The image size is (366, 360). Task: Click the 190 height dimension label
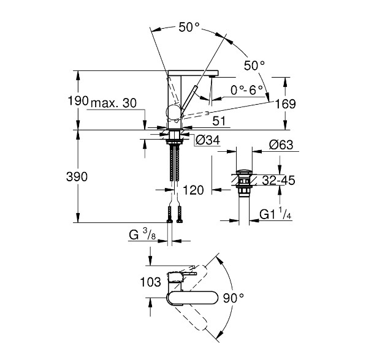pyautogui.click(x=78, y=101)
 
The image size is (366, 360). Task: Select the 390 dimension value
pyautogui.click(x=77, y=177)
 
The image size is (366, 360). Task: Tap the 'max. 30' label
pyautogui.click(x=113, y=103)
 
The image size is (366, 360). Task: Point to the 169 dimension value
pyautogui.click(x=286, y=103)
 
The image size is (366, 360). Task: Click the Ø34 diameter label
pyautogui.click(x=207, y=140)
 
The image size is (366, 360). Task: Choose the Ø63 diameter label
pyautogui.click(x=281, y=144)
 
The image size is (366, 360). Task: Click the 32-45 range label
pyautogui.click(x=278, y=180)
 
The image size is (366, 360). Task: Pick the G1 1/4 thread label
pyautogui.click(x=275, y=214)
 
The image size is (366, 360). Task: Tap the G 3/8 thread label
pyautogui.click(x=142, y=234)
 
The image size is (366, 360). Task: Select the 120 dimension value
pyautogui.click(x=193, y=190)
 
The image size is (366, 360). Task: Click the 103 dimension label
pyautogui.click(x=151, y=282)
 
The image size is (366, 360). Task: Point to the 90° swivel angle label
pyautogui.click(x=233, y=298)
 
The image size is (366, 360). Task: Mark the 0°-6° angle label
pyautogui.click(x=246, y=90)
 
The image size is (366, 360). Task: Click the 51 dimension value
pyautogui.click(x=219, y=121)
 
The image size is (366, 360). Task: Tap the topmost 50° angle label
pyautogui.click(x=189, y=28)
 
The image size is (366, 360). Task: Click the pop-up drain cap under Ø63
pyautogui.click(x=244, y=173)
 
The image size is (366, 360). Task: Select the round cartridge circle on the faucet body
pyautogui.click(x=173, y=112)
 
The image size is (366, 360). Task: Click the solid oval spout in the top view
pyautogui.click(x=193, y=298)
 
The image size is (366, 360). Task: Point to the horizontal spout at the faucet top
pyautogui.click(x=193, y=73)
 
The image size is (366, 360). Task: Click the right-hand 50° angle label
pyautogui.click(x=254, y=66)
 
